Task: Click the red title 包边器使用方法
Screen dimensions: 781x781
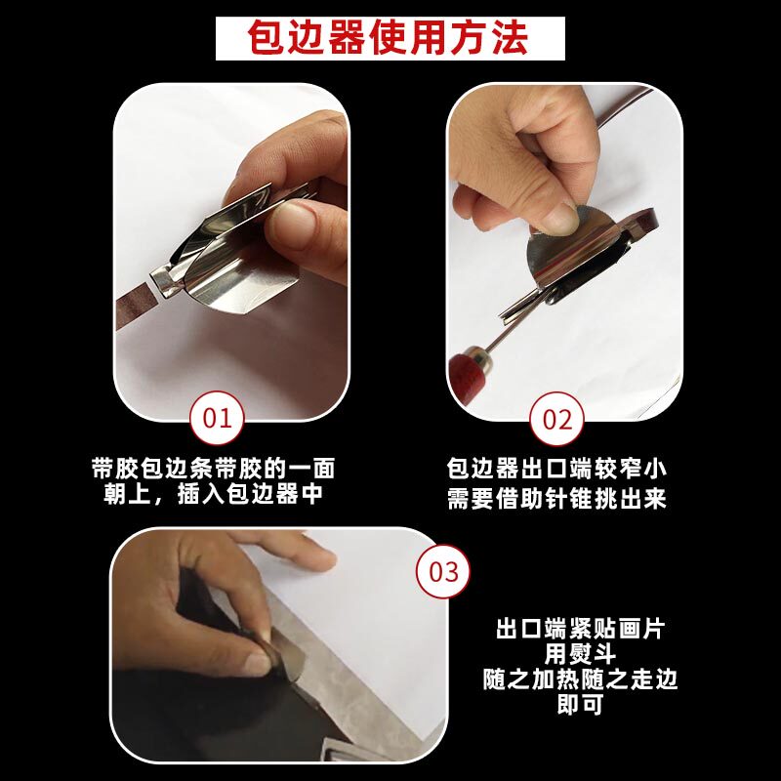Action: coord(388,38)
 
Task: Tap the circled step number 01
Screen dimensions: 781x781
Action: coord(217,418)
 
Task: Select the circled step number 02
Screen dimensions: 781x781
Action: coord(556,419)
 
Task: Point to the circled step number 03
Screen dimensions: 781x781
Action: coord(443,571)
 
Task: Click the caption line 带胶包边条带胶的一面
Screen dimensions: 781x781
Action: coord(214,469)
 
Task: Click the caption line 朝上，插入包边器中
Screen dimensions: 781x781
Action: coord(214,494)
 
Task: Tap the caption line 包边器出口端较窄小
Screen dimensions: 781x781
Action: coord(556,469)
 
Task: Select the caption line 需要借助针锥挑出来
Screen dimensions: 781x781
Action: coord(556,498)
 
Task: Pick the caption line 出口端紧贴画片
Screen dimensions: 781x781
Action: coord(580,629)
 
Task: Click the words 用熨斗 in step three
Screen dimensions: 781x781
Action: coord(580,654)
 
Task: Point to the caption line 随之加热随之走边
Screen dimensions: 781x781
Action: coord(580,679)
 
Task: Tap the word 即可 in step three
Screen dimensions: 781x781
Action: coord(580,704)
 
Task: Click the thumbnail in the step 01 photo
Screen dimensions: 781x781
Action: coord(295,226)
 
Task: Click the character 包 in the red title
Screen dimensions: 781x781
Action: coord(267,38)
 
